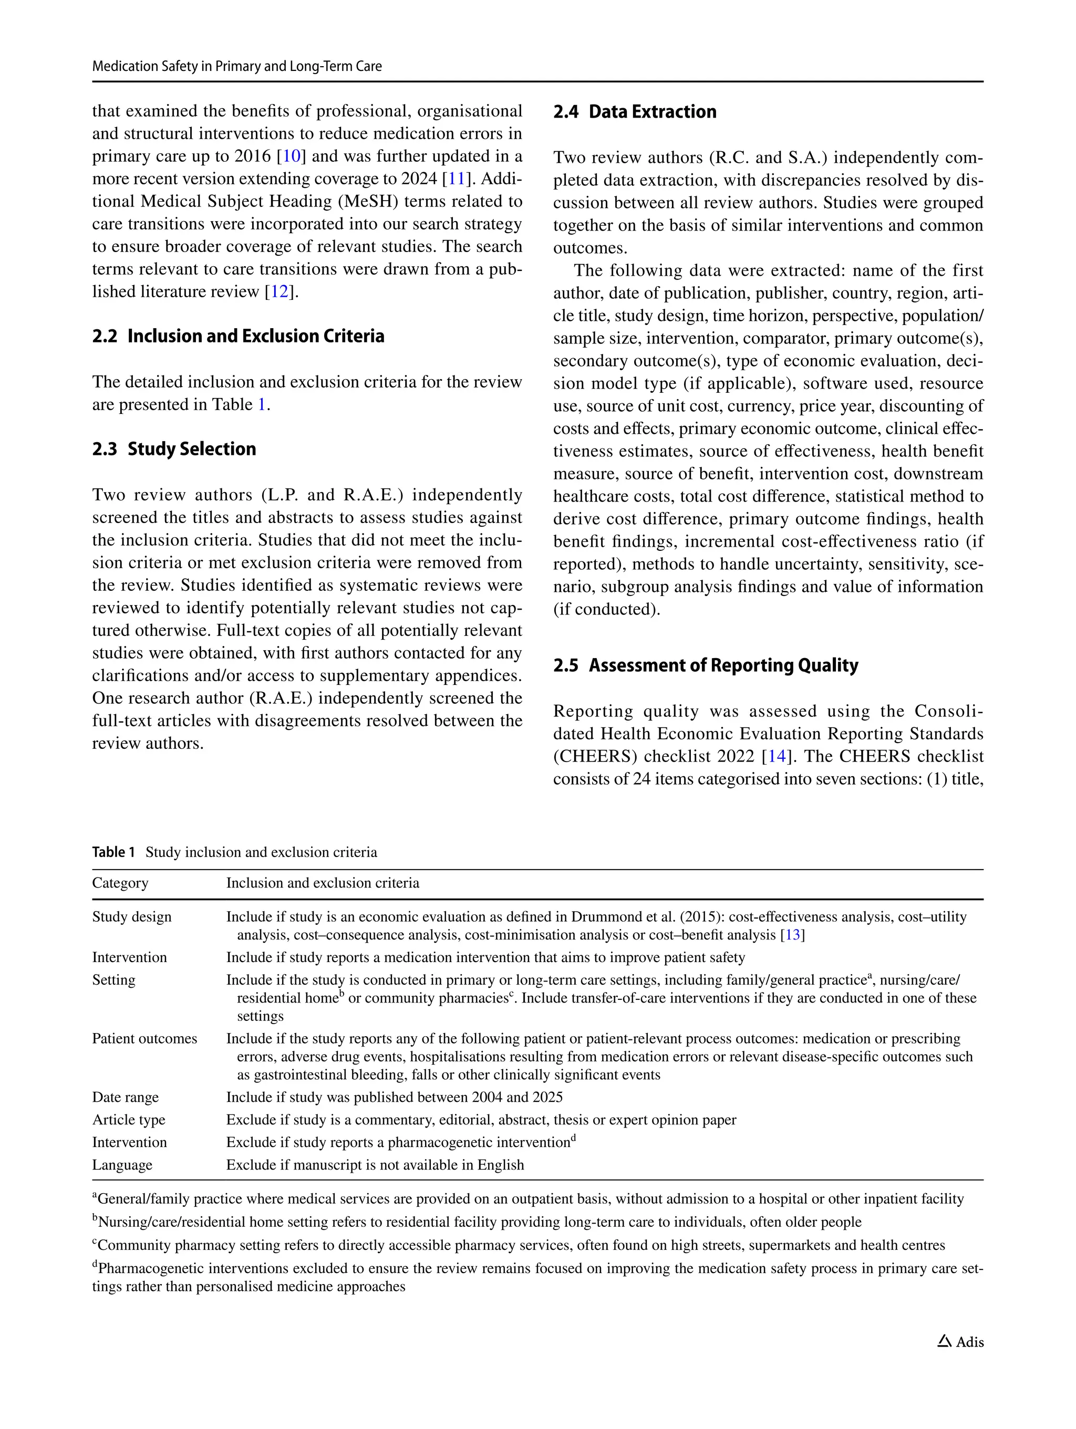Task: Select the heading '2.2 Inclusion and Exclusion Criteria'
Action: pos(238,336)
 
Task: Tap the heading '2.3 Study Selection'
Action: pos(174,449)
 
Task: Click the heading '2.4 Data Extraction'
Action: pos(635,112)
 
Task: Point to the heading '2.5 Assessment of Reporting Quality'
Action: pos(705,665)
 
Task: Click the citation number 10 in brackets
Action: pos(292,157)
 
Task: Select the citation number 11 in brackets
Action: pos(457,179)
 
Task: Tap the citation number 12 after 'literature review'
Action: pos(279,292)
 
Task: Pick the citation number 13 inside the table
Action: pos(792,935)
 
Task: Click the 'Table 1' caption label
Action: pos(113,852)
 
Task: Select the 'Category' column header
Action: pos(120,883)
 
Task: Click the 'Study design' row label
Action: pos(132,917)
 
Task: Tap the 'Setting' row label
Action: pos(113,980)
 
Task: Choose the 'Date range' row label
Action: pos(126,1098)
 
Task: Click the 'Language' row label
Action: pos(122,1165)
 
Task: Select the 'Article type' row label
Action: pos(129,1120)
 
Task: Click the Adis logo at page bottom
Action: pos(960,1342)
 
